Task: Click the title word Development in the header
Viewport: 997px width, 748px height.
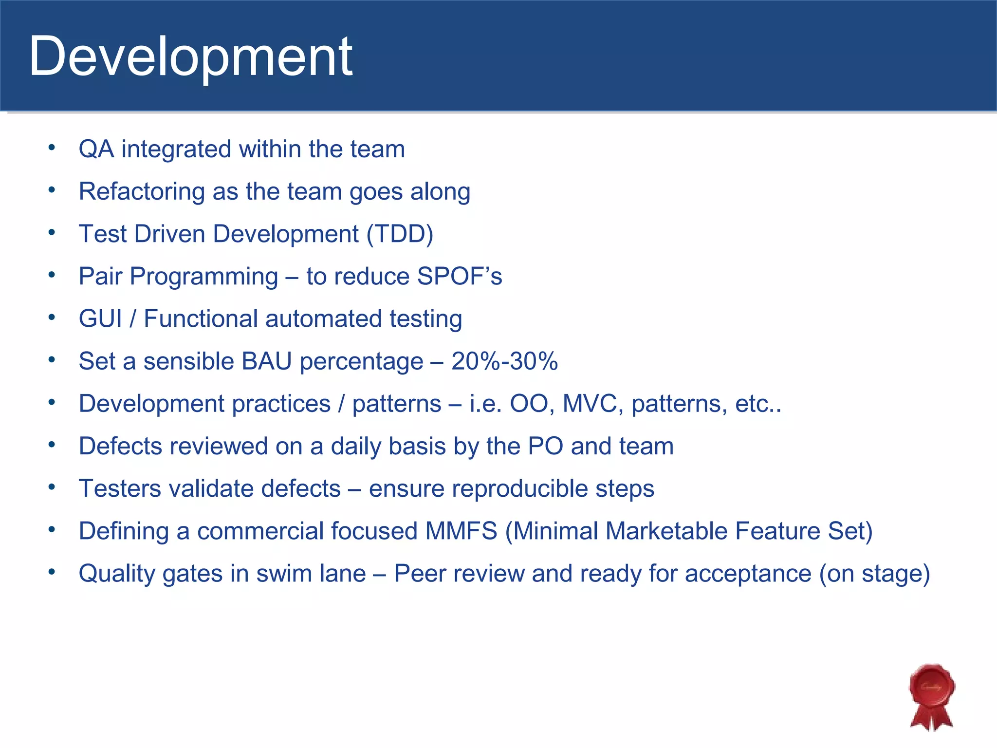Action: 190,57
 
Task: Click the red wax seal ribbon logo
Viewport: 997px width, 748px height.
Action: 931,696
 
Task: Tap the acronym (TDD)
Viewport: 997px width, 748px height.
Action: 399,234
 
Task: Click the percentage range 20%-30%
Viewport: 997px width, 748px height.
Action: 504,361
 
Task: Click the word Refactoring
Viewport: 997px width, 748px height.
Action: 142,191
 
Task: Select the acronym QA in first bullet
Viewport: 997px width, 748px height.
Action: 96,149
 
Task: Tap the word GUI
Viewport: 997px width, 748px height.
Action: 100,319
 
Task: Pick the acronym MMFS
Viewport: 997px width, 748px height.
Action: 461,531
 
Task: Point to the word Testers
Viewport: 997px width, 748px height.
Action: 119,488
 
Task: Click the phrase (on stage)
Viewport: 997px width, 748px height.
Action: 874,573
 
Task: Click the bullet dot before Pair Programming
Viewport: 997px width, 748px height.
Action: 52,275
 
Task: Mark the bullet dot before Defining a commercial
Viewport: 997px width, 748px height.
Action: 52,529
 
